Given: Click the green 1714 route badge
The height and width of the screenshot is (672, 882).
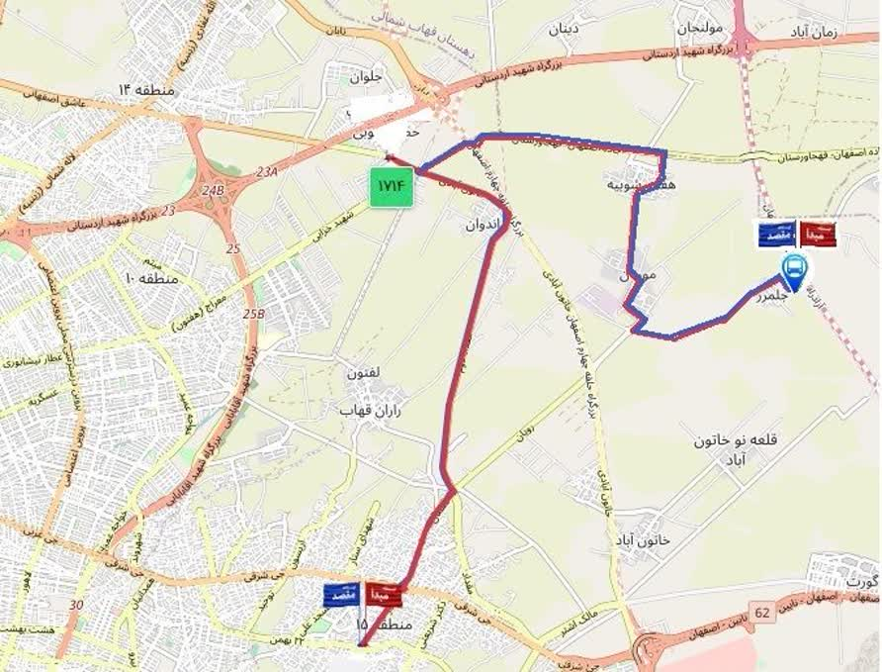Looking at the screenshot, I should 392,188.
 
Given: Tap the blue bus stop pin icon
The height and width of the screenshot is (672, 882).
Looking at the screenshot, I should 793,268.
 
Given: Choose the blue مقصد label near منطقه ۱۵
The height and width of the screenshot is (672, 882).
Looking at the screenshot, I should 343,595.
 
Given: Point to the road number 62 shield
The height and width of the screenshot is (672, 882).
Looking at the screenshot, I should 761,614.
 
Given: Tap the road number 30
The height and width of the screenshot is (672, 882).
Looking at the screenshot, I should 76,605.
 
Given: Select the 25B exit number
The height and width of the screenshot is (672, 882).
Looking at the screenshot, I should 254,315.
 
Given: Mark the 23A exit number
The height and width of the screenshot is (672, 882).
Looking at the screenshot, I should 267,172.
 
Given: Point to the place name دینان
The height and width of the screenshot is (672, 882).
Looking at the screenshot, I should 563,28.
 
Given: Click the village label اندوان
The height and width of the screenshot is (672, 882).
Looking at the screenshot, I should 485,225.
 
